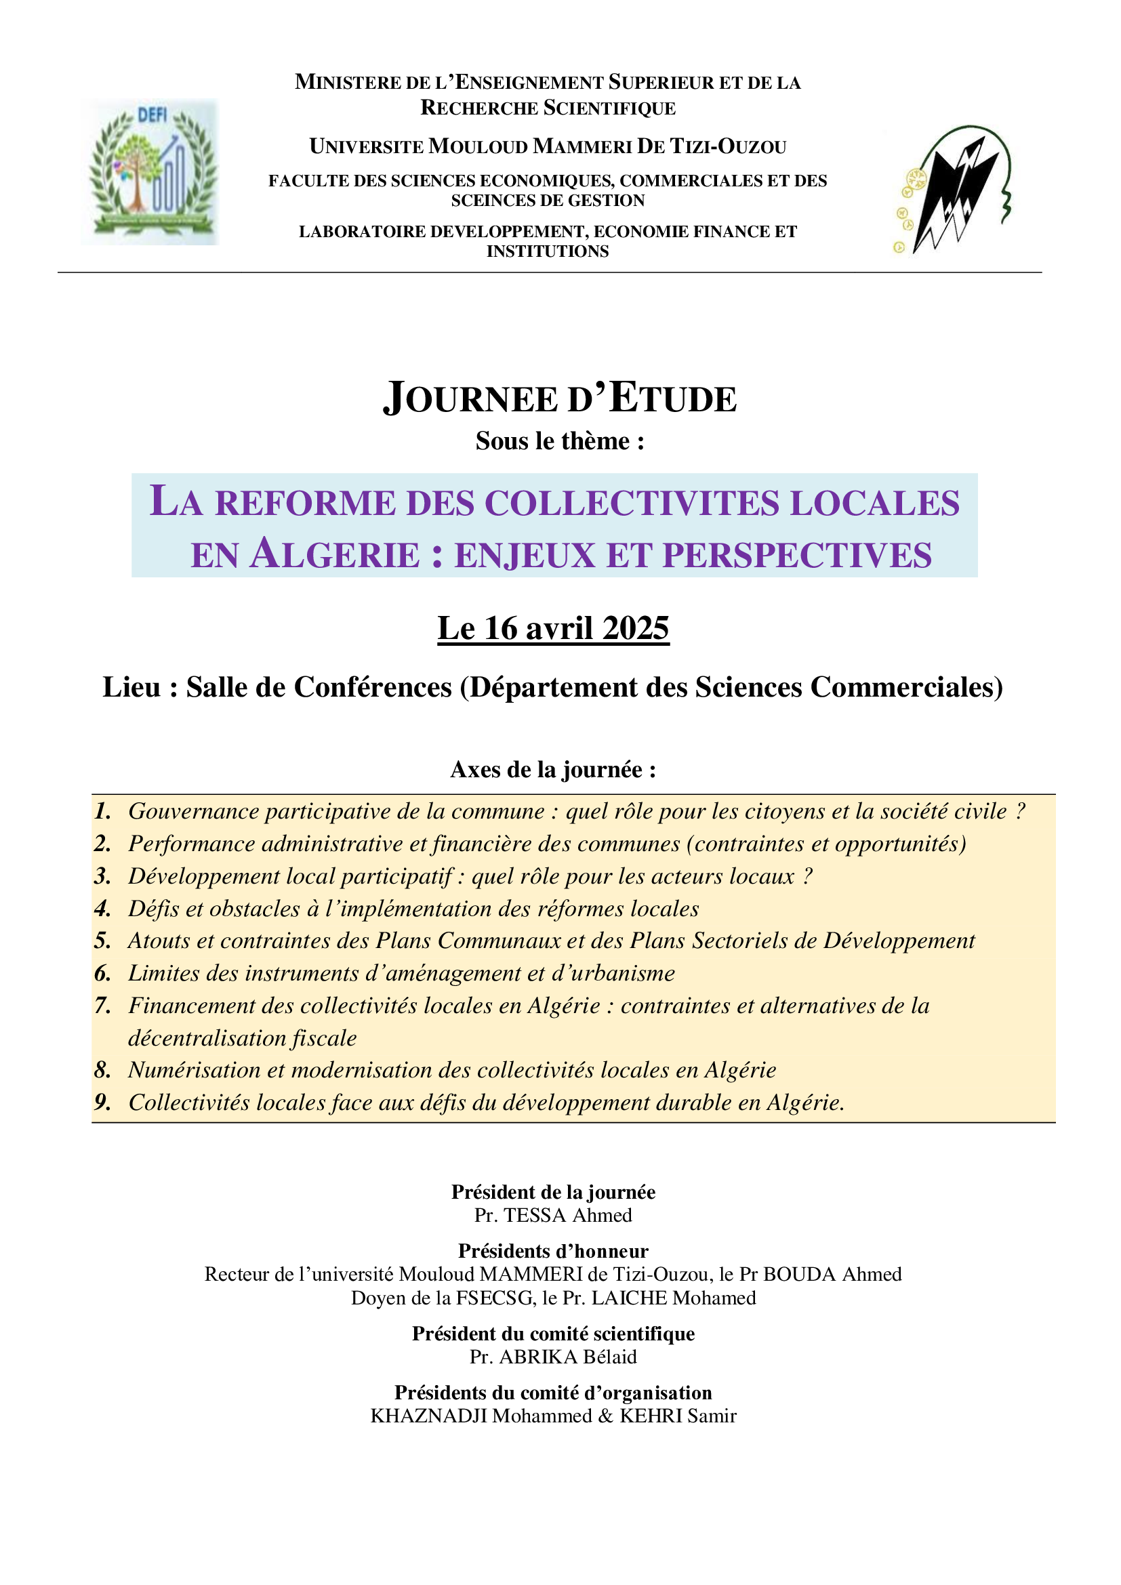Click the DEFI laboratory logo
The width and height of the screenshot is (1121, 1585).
(150, 171)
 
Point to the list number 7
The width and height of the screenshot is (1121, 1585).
(103, 1006)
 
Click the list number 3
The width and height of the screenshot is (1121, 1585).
(103, 876)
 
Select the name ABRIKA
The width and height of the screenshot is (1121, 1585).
(537, 1357)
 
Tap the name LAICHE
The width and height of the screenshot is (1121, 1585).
(629, 1298)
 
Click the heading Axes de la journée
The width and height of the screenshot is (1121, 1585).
(553, 770)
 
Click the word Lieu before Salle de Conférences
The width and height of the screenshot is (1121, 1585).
(131, 688)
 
